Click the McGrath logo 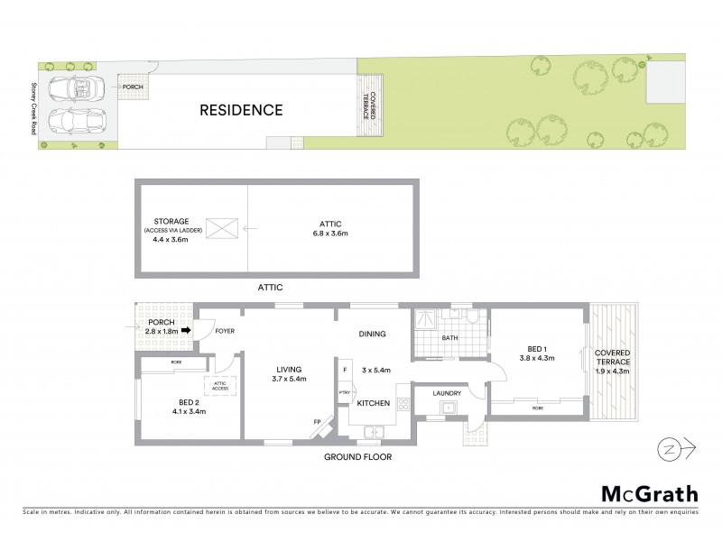pyautogui.click(x=650, y=493)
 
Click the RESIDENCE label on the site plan pyautogui.click(x=241, y=111)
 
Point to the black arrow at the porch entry pyautogui.click(x=188, y=330)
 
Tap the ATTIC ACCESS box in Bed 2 pyautogui.click(x=219, y=387)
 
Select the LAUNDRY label pyautogui.click(x=447, y=393)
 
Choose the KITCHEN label pyautogui.click(x=373, y=403)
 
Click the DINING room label pyautogui.click(x=372, y=334)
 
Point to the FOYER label pyautogui.click(x=226, y=331)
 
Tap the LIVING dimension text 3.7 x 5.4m pyautogui.click(x=290, y=379)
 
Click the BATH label pyautogui.click(x=450, y=339)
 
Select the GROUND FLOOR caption pyautogui.click(x=358, y=457)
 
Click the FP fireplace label pyautogui.click(x=317, y=421)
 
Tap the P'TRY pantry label pyautogui.click(x=344, y=392)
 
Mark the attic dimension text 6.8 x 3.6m pyautogui.click(x=330, y=234)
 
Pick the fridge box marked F pyautogui.click(x=344, y=369)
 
